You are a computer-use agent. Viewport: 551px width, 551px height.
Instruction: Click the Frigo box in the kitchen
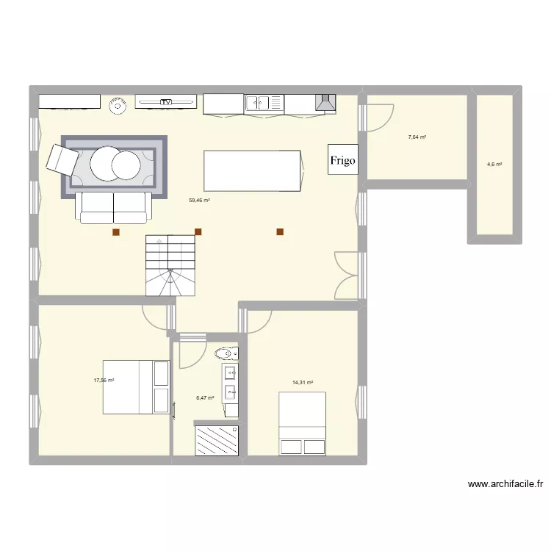pos(343,159)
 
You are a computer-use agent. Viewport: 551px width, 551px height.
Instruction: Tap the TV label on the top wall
pos(168,102)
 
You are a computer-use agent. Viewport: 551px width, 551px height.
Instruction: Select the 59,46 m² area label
pos(200,200)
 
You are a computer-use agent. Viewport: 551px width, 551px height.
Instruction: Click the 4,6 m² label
pos(494,165)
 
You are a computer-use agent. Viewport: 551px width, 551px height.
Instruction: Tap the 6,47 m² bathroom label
pos(205,398)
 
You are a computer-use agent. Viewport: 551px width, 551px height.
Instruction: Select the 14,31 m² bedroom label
pos(303,383)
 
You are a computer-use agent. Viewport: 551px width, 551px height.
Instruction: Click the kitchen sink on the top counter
pos(264,104)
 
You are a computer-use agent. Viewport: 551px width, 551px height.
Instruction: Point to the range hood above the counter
pos(325,104)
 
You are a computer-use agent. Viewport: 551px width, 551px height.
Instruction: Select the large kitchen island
pos(253,170)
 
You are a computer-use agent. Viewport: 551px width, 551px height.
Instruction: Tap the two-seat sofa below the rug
pos(114,208)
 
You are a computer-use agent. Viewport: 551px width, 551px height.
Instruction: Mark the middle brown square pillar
pos(198,232)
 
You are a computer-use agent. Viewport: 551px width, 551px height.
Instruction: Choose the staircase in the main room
pos(170,265)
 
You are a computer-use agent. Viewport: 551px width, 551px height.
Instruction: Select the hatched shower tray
pos(216,440)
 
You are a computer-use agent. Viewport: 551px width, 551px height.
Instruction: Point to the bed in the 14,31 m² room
pos(302,424)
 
